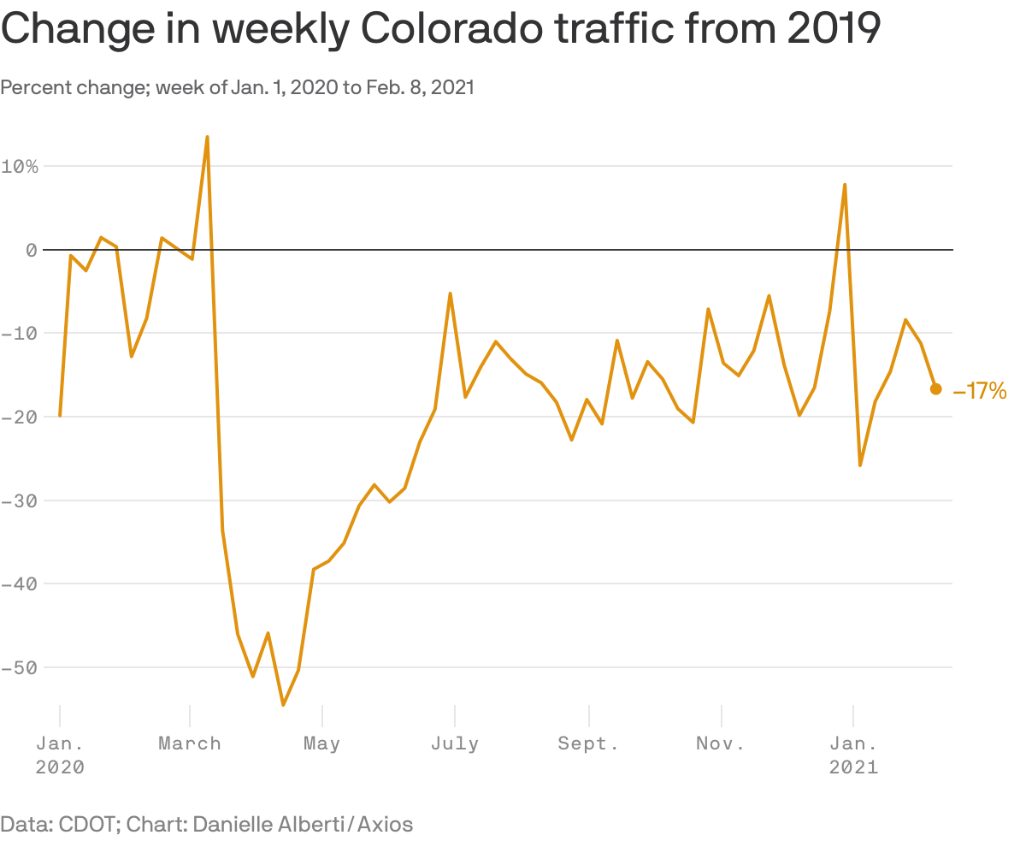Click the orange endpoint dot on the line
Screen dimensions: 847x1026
click(x=935, y=388)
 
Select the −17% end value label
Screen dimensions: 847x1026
click(x=980, y=392)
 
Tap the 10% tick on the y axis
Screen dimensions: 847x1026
click(x=20, y=166)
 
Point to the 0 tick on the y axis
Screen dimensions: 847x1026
click(x=31, y=250)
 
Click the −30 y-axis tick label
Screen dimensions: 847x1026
click(x=20, y=500)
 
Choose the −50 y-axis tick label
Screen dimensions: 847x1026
click(x=20, y=667)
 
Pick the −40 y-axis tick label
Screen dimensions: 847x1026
click(x=20, y=583)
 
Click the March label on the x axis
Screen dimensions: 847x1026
click(x=190, y=743)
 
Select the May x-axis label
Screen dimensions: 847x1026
click(x=321, y=743)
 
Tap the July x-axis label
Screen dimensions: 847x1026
click(x=455, y=743)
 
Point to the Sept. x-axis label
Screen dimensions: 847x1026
click(x=588, y=743)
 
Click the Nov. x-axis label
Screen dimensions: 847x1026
click(x=721, y=743)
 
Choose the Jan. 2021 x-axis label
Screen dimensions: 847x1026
click(x=853, y=755)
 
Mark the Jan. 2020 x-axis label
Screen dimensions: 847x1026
click(x=60, y=755)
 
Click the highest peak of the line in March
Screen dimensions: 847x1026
click(x=207, y=137)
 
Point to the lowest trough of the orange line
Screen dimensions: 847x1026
click(x=283, y=705)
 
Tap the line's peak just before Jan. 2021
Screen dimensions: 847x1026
click(x=845, y=184)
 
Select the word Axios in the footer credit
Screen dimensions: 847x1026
click(x=385, y=825)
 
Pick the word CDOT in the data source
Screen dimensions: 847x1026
click(x=87, y=825)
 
